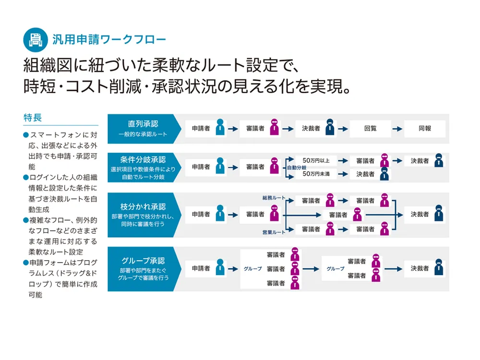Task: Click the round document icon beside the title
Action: point(36,40)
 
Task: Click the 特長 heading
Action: point(33,118)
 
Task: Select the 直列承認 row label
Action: point(143,124)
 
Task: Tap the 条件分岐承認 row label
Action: point(143,159)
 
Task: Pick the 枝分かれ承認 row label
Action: point(143,206)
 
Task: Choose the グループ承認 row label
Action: point(143,261)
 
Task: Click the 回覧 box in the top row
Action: point(371,129)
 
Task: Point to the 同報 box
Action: point(425,129)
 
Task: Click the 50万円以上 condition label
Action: point(316,160)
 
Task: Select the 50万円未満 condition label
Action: point(316,174)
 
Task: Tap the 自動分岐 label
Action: point(296,168)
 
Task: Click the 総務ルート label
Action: point(274,198)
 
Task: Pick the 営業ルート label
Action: point(274,232)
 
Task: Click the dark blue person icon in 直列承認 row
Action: point(330,127)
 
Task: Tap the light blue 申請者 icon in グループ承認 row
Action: point(220,266)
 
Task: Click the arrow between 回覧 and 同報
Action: point(397,129)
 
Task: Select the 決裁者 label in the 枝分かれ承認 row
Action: point(420,214)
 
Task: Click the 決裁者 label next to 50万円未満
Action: point(365,174)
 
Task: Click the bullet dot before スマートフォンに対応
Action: point(26,135)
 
